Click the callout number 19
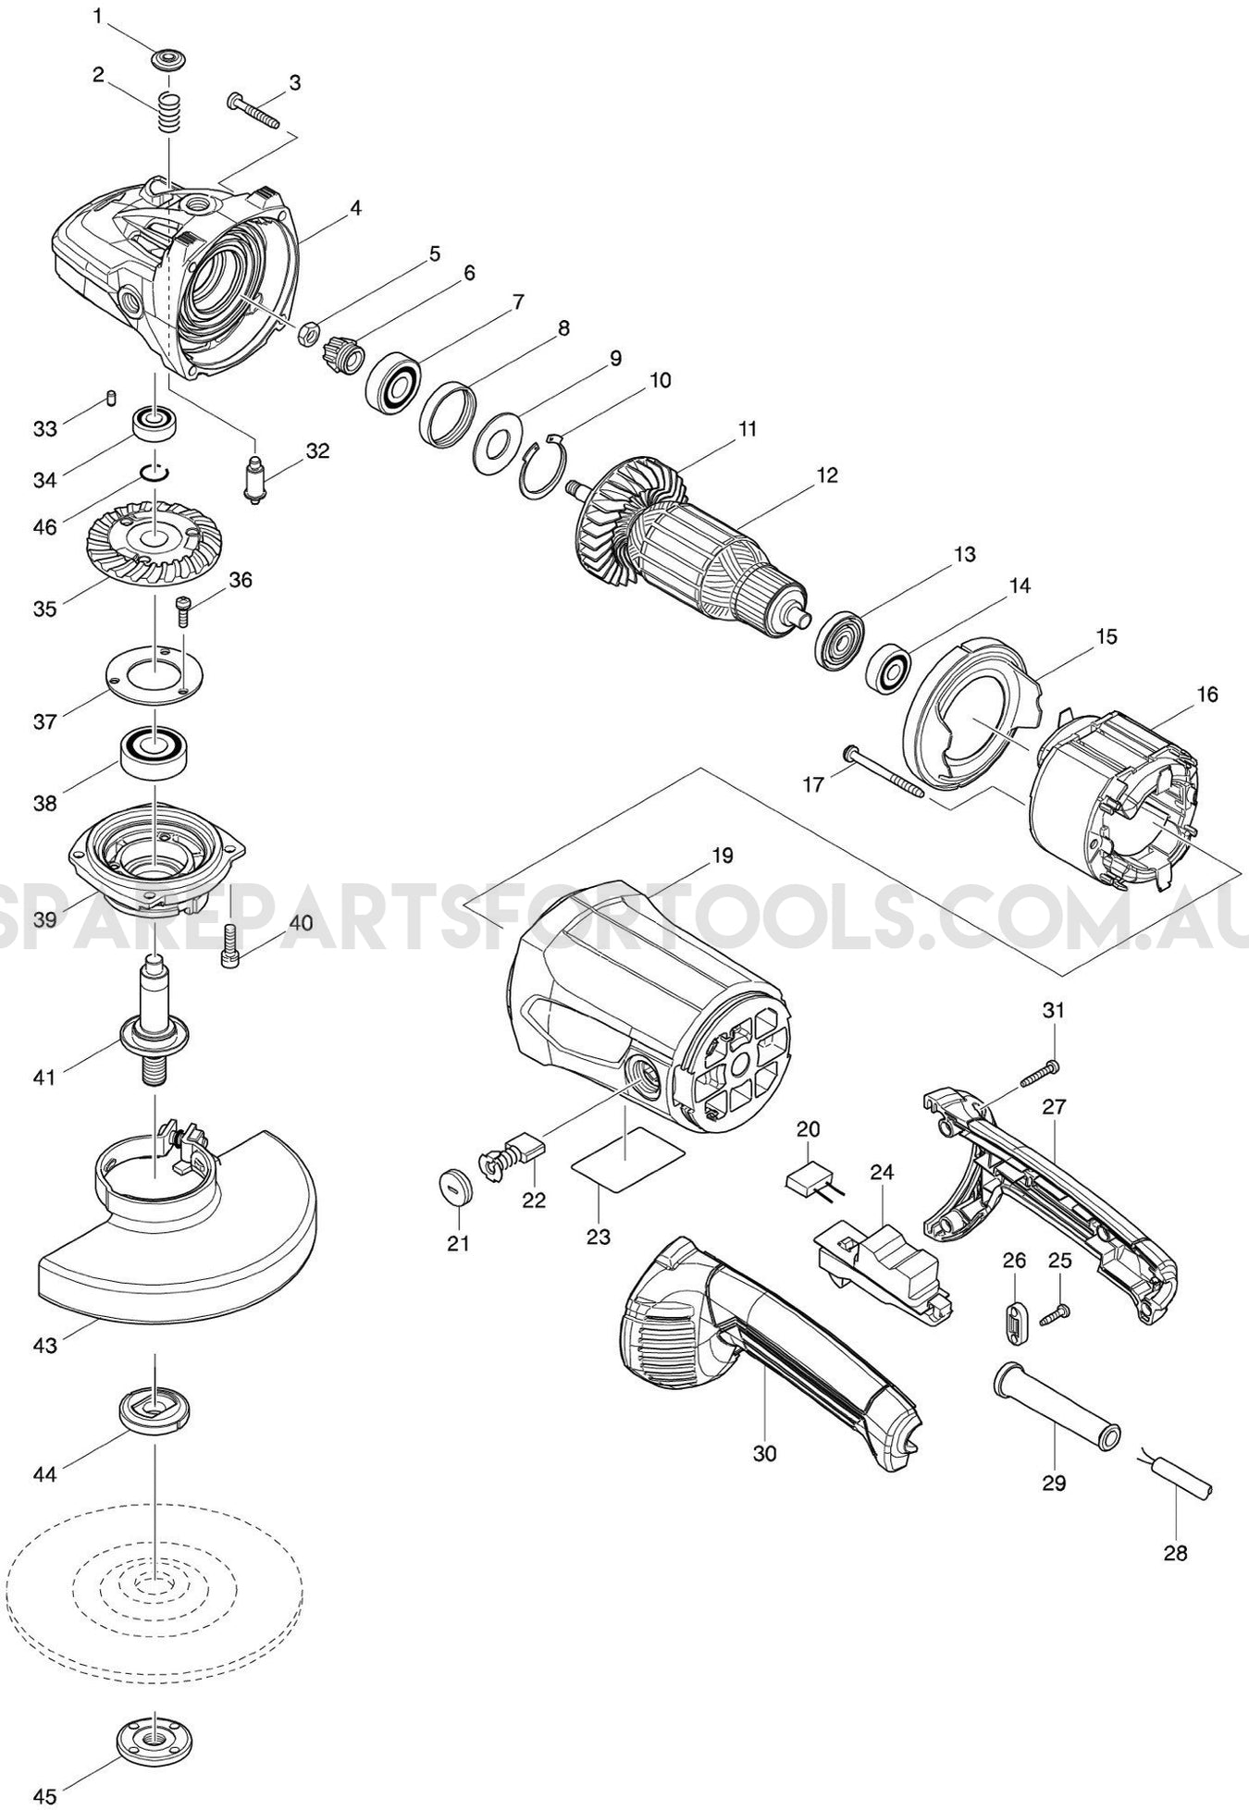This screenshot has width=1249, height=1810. tap(722, 856)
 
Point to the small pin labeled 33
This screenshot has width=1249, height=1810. tap(111, 398)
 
